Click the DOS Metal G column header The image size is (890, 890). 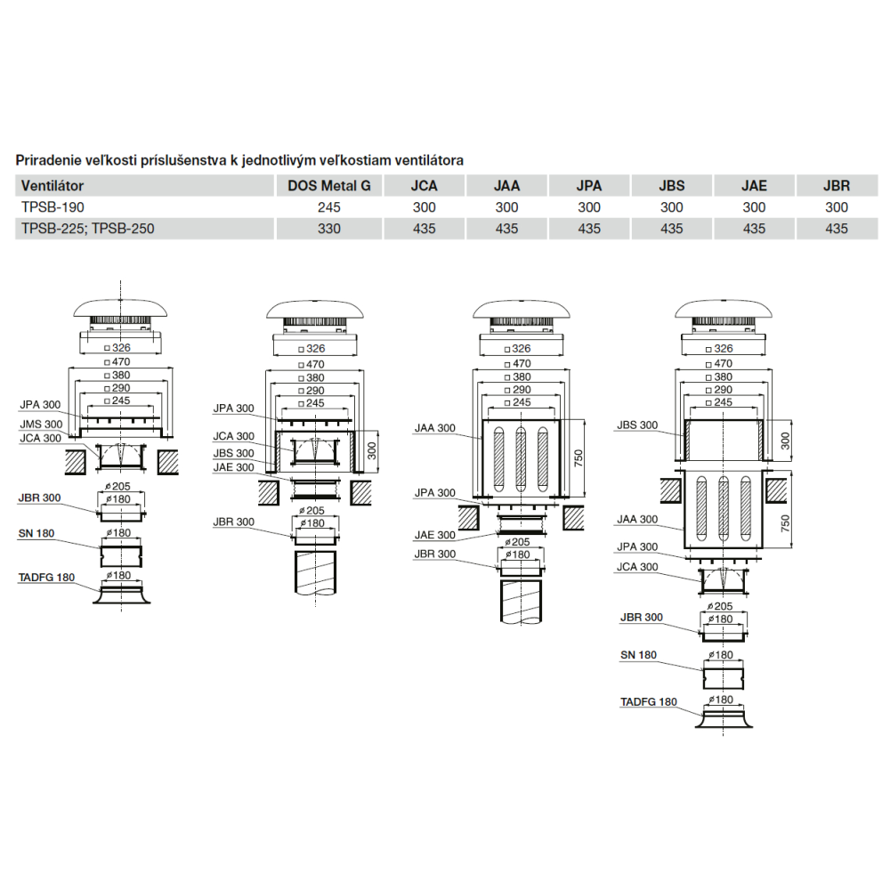329,186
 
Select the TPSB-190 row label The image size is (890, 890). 53,207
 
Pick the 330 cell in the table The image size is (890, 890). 329,229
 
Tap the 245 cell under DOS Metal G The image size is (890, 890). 329,207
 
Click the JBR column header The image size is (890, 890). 837,186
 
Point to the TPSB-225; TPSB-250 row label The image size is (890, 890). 88,229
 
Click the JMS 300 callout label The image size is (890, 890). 41,424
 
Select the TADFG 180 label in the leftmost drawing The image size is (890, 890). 46,578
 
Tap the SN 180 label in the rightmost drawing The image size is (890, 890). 638,655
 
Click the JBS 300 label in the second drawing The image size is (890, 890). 234,453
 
